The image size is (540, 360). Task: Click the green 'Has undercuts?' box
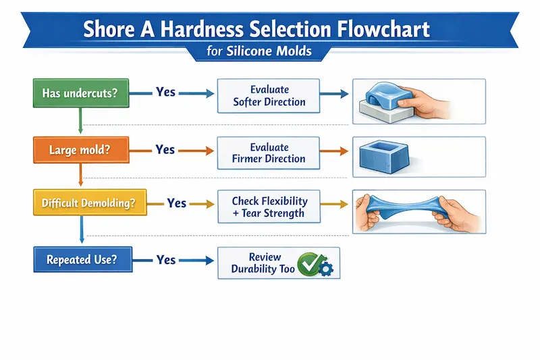tap(80, 93)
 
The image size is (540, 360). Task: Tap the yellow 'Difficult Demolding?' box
tap(89, 203)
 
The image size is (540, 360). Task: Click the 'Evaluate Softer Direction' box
tap(269, 96)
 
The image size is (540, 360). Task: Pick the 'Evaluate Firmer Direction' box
tap(269, 153)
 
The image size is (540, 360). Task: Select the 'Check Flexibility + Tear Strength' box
tap(269, 207)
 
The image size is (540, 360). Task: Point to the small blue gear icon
tap(327, 269)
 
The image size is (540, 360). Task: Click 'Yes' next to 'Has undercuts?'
tap(166, 91)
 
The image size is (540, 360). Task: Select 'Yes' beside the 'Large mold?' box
tap(165, 149)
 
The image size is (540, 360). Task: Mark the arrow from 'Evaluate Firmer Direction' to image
tap(335, 153)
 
